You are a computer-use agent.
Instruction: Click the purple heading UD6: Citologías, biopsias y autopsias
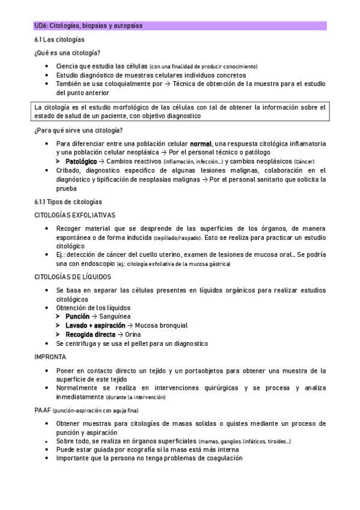(x=88, y=26)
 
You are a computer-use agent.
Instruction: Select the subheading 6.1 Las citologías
(x=59, y=39)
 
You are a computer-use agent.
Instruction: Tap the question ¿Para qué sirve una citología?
(x=79, y=131)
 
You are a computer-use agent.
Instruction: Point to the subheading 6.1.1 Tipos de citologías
(x=69, y=201)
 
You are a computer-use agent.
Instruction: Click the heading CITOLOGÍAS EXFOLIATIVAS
(x=75, y=215)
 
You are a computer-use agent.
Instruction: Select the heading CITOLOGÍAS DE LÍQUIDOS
(x=73, y=277)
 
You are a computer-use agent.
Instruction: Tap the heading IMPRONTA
(x=50, y=357)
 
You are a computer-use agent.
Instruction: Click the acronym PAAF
(x=43, y=410)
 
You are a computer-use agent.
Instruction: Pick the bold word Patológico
(x=81, y=162)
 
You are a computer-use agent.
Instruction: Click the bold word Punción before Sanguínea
(x=78, y=316)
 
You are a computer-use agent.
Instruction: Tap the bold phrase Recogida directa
(x=90, y=334)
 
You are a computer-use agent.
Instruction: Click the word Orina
(x=133, y=334)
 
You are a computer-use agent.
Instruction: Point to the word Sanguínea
(x=115, y=316)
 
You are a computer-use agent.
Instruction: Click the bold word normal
(x=201, y=144)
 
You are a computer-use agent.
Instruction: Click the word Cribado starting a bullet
(x=69, y=171)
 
